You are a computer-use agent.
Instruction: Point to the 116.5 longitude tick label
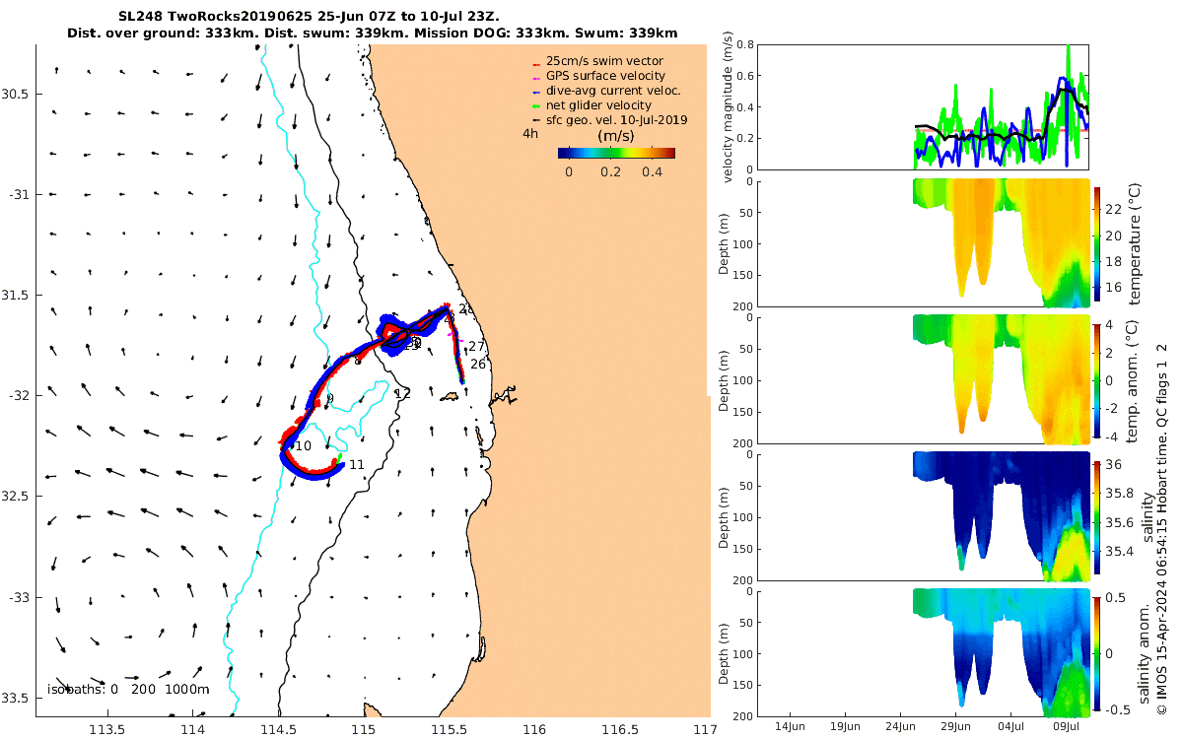(x=619, y=730)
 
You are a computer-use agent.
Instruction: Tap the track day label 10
(x=304, y=446)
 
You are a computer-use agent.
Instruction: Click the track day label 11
(x=357, y=465)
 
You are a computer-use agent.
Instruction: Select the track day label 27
(x=477, y=346)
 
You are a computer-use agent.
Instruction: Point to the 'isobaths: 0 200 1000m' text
(x=128, y=689)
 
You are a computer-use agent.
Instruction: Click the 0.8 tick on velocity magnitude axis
(x=745, y=45)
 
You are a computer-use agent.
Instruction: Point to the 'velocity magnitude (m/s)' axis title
(x=730, y=107)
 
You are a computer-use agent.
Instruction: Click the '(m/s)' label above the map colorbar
(x=615, y=135)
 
